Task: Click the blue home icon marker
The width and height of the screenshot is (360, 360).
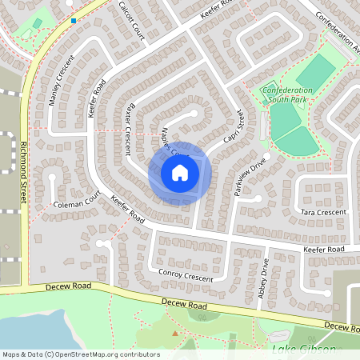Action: [180, 173]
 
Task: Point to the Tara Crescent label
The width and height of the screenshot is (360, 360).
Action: [324, 212]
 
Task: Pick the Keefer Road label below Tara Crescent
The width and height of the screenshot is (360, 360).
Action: [323, 250]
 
